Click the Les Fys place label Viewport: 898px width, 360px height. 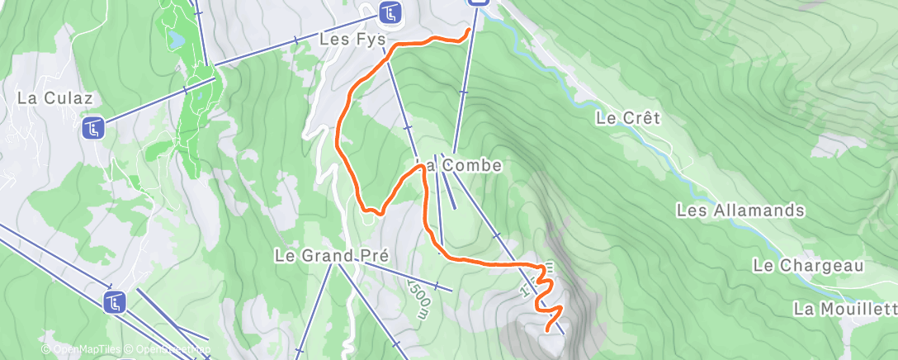pos(352,39)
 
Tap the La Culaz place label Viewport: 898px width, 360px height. pos(48,97)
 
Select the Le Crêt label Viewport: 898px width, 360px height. pos(627,118)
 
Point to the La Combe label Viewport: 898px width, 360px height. pos(469,165)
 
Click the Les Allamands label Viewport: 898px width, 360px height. pos(740,211)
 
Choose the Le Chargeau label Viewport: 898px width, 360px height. pos(807,265)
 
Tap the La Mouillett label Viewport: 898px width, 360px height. pos(844,309)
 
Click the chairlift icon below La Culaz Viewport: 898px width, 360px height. pos(92,128)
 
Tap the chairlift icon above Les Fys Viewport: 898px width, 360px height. pos(390,12)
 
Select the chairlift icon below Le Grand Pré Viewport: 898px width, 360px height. pos(115,302)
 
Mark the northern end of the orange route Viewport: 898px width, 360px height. pos(470,31)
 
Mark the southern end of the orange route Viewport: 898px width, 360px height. pos(548,330)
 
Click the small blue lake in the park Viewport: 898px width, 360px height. pos(176,39)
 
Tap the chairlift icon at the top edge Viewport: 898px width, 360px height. pos(478,2)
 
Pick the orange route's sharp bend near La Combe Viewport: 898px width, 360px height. pos(422,167)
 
